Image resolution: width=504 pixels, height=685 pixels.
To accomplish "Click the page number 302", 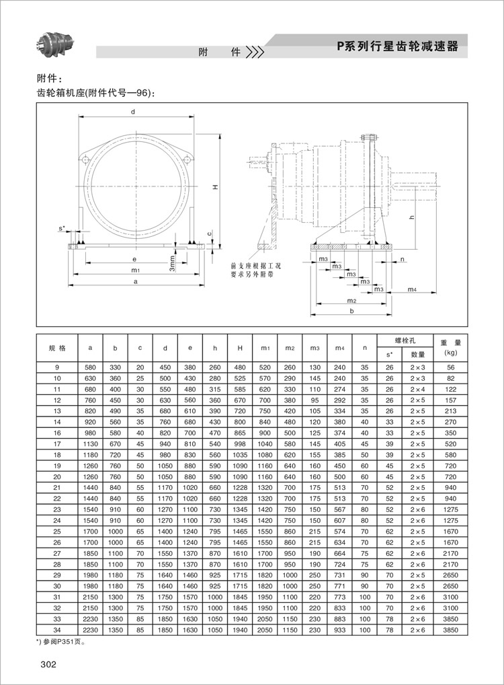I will pyautogui.click(x=48, y=665).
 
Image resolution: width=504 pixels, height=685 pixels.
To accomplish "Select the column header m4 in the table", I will pyautogui.click(x=339, y=348).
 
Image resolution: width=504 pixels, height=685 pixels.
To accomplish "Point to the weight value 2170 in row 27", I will pyautogui.click(x=450, y=553).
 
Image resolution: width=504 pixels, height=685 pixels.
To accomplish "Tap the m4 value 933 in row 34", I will pyautogui.click(x=339, y=630).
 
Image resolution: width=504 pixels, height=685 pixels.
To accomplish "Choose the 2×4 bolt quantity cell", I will pyautogui.click(x=418, y=389).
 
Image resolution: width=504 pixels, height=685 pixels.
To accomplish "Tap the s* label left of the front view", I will pyautogui.click(x=62, y=229).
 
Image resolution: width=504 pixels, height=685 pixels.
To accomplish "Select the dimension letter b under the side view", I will pyautogui.click(x=351, y=312).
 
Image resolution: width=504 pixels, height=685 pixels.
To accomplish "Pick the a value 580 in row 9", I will pyautogui.click(x=90, y=367).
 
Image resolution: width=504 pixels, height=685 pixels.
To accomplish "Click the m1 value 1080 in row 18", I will pyautogui.click(x=265, y=455).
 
